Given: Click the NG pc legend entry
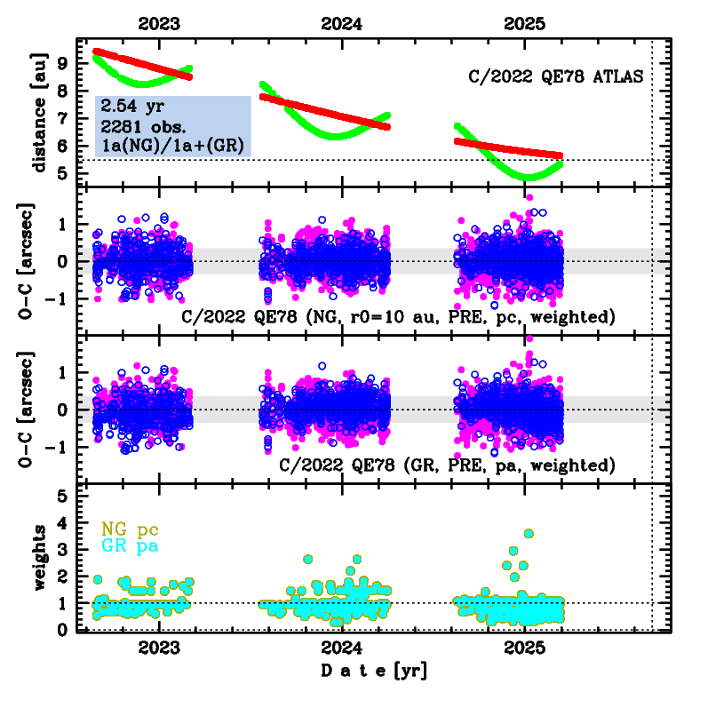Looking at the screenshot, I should (x=130, y=529).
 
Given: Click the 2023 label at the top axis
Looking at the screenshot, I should (x=161, y=26).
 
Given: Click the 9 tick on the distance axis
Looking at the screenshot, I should (x=62, y=63).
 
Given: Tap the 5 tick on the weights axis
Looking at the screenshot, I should (x=62, y=497).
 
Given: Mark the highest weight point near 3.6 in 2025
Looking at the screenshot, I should (x=529, y=533).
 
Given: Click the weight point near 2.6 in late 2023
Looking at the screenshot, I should (x=308, y=560).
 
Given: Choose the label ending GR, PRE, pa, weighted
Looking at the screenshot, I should (x=447, y=465).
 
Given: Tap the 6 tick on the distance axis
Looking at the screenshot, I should (x=62, y=146).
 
